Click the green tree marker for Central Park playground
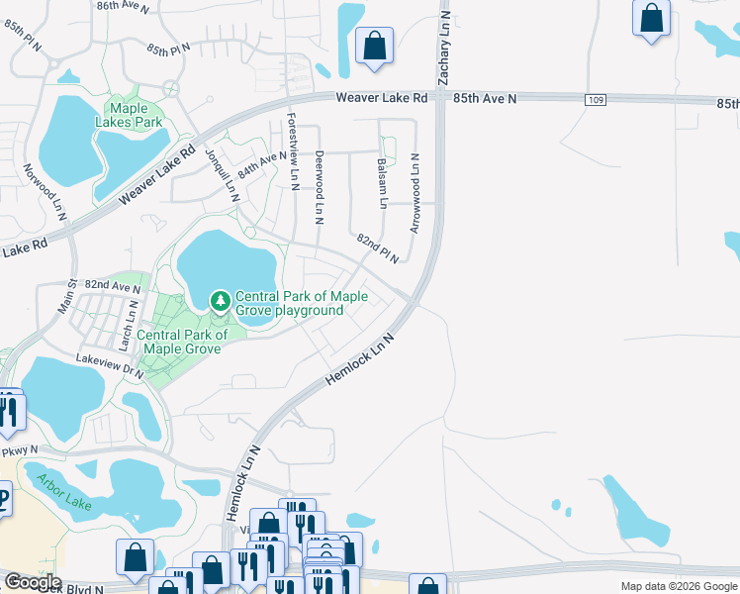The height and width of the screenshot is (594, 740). point(220,299)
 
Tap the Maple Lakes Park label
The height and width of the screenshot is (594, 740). point(135,115)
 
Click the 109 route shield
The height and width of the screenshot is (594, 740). point(595,100)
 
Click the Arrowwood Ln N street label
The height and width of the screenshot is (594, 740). point(416,192)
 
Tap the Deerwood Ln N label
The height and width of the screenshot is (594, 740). point(319,186)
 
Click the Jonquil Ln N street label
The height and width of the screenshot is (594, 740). point(223,174)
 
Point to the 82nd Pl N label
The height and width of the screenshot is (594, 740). point(378,248)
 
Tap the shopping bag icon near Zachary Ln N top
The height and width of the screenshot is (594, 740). point(375,45)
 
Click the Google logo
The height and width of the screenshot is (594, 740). point(34,583)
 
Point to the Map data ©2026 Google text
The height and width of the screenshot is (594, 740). point(678,586)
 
